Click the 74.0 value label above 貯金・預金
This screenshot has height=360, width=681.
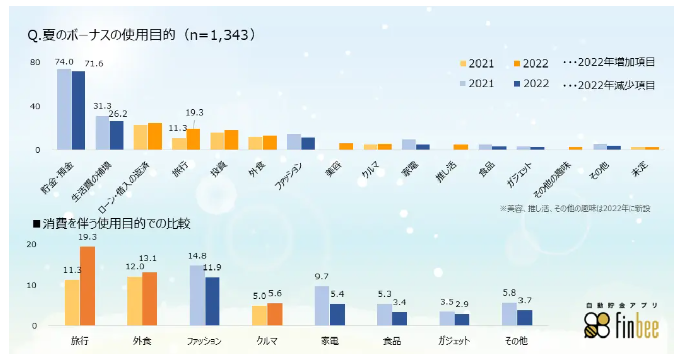pos(64,62)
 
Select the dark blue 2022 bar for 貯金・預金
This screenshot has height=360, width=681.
pos(78,110)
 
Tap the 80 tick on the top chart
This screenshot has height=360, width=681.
pos(35,63)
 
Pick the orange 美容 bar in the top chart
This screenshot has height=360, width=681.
pos(346,146)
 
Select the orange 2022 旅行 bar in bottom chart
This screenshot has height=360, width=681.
pos(87,286)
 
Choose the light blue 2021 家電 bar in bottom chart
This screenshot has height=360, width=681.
pos(322,306)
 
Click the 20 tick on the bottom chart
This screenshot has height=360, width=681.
pos(32,244)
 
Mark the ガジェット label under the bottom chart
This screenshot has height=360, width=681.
pos(453,341)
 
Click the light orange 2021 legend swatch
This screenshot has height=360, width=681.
pos(463,64)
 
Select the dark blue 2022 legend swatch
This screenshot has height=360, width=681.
pos(516,84)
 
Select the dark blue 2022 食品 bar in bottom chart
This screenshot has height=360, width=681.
pos(400,319)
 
